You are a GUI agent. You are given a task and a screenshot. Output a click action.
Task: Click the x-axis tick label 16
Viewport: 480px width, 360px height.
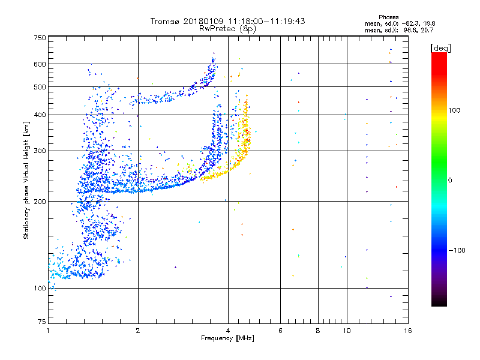407,331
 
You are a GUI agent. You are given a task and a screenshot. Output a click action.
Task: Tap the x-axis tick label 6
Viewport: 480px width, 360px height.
281,331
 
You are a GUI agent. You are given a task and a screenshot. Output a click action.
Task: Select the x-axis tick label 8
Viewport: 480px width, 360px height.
318,331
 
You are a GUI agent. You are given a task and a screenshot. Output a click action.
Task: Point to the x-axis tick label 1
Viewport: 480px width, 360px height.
49,331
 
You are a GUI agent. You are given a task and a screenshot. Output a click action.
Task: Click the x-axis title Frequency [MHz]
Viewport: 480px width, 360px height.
228,339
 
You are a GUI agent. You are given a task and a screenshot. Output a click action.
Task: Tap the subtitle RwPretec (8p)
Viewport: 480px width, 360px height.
228,28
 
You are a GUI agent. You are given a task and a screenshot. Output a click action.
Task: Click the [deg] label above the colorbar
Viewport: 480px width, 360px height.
440,47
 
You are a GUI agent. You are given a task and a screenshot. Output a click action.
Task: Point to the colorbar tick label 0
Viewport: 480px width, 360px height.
449,180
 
